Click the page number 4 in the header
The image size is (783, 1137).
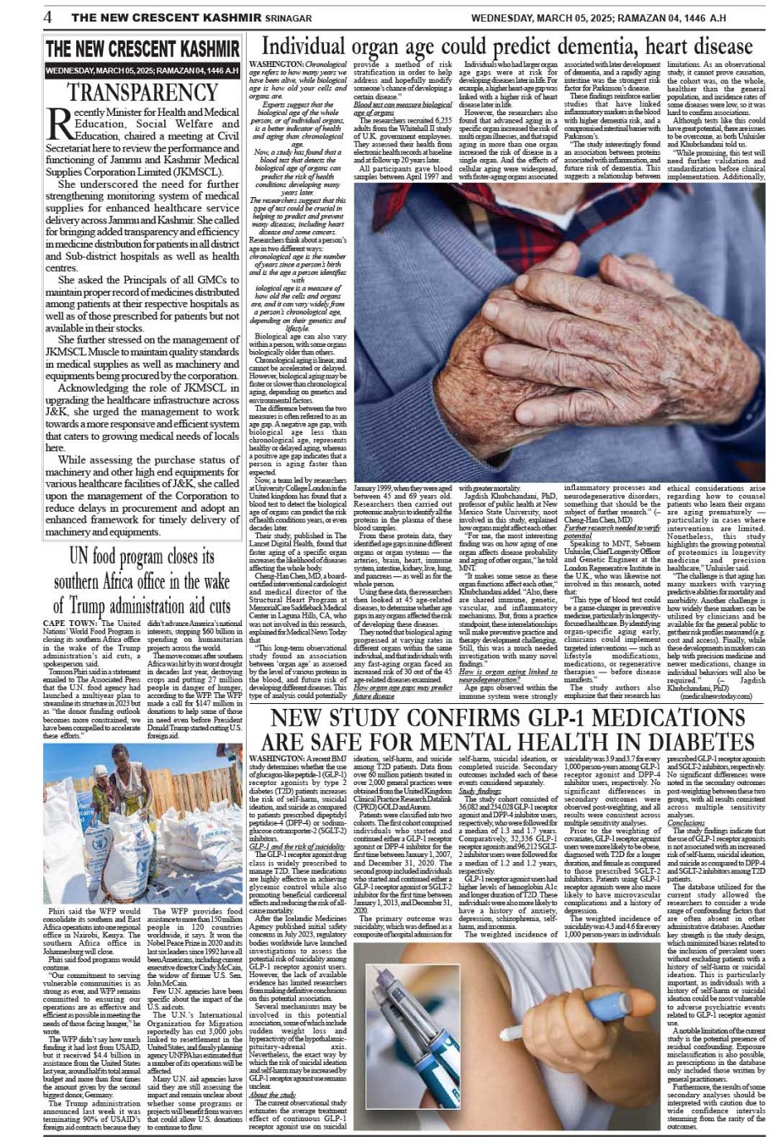[49, 17]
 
